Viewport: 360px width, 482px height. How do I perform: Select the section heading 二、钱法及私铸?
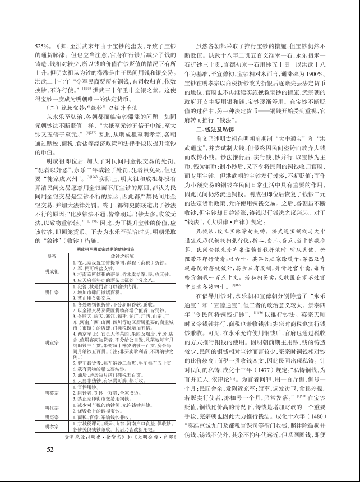[x=216, y=128]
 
